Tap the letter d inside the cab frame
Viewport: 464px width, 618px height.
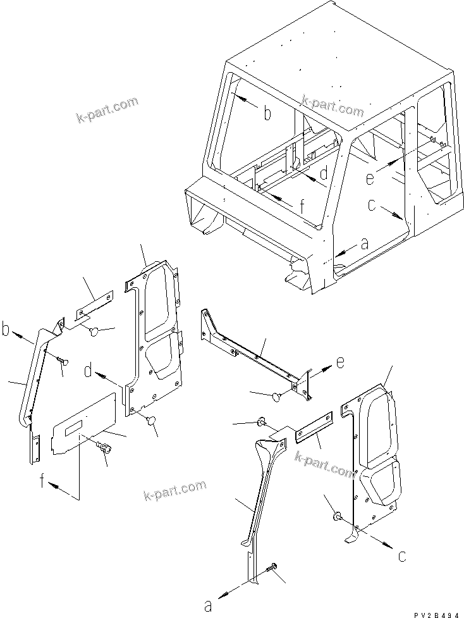pos(322,173)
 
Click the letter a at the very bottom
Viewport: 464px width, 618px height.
pos(208,605)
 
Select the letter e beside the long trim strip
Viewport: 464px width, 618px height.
pos(340,363)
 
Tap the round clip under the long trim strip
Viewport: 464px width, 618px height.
pos(276,396)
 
